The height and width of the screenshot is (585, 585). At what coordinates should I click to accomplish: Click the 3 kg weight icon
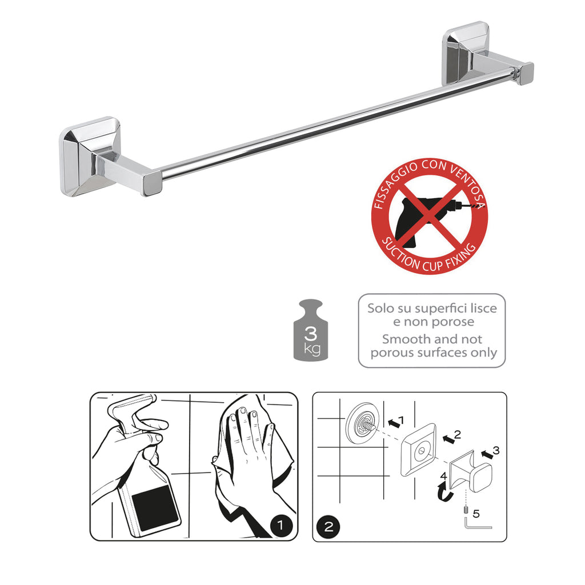point(312,331)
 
